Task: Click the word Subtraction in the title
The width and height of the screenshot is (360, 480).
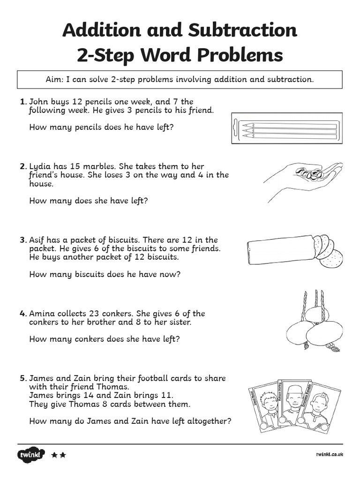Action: (242, 30)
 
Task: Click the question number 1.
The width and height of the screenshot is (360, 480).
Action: (22, 101)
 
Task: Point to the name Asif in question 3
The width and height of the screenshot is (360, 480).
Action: (38, 240)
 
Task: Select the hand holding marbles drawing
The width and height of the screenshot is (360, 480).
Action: (302, 179)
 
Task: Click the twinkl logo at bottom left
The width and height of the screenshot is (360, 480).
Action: (31, 455)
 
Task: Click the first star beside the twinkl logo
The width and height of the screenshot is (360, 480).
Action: (54, 455)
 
